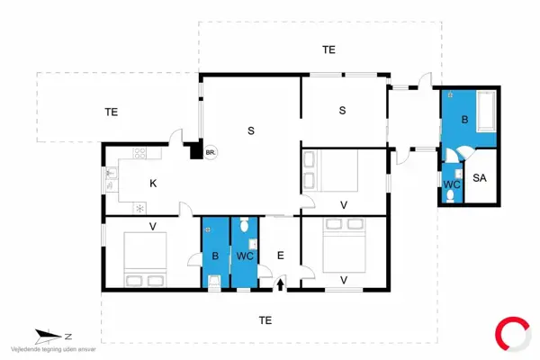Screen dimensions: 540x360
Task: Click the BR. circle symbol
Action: click(x=211, y=152)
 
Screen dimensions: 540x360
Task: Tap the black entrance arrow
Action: click(x=280, y=284)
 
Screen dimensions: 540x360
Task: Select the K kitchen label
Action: click(x=153, y=184)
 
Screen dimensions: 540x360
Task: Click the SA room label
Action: click(x=480, y=178)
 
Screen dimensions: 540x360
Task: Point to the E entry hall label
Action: click(x=280, y=256)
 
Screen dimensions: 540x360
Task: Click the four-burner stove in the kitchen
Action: click(x=139, y=153)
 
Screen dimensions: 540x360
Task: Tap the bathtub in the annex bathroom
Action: click(x=486, y=111)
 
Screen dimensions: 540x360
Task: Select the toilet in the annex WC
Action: click(x=450, y=196)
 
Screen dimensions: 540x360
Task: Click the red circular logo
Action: click(x=512, y=334)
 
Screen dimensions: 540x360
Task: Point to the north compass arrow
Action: click(x=49, y=337)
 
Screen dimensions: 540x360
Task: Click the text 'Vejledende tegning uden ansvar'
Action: click(x=53, y=349)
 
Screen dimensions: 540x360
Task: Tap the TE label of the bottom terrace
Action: click(x=265, y=320)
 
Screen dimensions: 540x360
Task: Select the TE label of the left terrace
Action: click(x=112, y=112)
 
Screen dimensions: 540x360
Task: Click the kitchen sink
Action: click(x=112, y=178)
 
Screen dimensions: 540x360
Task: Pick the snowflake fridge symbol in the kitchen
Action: click(x=139, y=209)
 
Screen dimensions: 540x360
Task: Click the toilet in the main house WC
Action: click(x=244, y=225)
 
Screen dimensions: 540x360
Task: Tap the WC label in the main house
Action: click(x=245, y=256)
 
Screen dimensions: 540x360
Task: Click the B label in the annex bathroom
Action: click(x=464, y=120)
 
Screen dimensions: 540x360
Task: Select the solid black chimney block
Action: click(x=196, y=149)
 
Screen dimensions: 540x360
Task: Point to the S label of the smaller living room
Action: click(x=342, y=110)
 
